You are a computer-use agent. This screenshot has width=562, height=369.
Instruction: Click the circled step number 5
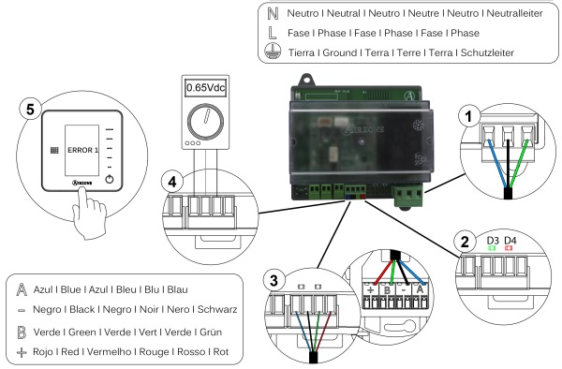(x=30, y=109)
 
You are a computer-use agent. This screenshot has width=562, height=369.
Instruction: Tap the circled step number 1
(x=468, y=116)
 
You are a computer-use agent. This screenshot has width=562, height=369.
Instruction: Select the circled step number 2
(x=465, y=242)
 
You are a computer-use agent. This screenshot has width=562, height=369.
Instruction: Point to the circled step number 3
(x=274, y=280)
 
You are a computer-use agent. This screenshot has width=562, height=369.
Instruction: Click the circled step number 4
(x=172, y=182)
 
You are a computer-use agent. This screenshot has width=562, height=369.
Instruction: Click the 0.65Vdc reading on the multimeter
(x=206, y=87)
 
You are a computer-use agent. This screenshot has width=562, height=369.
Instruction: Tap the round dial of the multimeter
(x=205, y=122)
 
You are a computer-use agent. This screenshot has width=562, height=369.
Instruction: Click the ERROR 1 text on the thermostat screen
(x=82, y=150)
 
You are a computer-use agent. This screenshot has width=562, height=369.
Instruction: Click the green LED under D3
(x=492, y=248)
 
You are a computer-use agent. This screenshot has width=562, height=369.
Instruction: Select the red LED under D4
(x=509, y=248)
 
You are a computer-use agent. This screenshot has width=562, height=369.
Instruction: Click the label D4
(x=510, y=241)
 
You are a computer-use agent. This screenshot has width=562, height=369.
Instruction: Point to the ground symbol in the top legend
(x=273, y=52)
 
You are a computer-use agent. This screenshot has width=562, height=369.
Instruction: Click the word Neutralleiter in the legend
(x=514, y=14)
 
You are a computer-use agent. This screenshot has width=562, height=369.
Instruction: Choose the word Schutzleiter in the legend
(x=487, y=53)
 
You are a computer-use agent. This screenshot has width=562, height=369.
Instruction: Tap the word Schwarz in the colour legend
(x=217, y=309)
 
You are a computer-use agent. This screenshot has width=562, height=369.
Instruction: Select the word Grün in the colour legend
(x=211, y=332)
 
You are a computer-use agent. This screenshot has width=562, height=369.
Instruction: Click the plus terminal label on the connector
(x=371, y=290)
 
